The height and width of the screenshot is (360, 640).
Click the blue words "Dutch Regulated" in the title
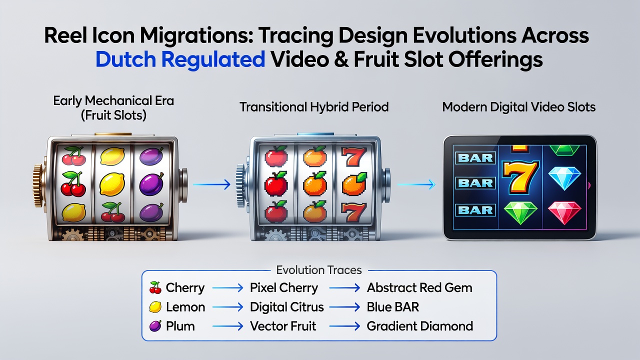180,59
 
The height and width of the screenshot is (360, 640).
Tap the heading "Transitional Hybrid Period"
314,107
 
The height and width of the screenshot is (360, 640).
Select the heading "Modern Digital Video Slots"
518,107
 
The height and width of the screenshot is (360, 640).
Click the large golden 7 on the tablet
520,177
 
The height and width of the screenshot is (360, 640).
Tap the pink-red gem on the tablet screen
564,212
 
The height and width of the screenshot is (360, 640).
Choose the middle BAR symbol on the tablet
475,183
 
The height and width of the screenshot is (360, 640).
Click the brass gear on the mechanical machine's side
37,185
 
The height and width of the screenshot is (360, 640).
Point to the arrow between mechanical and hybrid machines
211,184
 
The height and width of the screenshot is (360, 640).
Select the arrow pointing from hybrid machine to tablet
416,184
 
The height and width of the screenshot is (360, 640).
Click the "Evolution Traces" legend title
319,270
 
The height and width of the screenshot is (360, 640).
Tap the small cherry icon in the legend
155,287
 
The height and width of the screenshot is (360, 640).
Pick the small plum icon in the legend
155,325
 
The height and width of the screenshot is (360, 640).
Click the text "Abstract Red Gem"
419,287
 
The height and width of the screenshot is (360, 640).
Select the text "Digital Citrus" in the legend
286,307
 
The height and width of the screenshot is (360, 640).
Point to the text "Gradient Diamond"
419,326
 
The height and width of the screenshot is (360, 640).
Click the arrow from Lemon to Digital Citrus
227,307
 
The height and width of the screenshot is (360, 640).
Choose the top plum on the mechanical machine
151,156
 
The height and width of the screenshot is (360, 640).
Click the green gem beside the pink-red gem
520,213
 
